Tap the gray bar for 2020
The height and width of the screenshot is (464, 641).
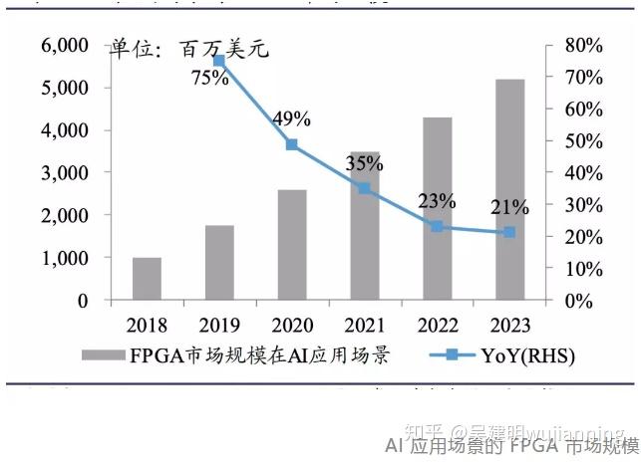point(292,244)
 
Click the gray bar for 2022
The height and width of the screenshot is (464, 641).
point(437,208)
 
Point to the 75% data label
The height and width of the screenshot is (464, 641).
point(210,78)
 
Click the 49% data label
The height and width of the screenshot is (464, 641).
point(291,119)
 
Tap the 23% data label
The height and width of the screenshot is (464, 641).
point(436,200)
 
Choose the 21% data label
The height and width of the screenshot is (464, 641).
point(508,207)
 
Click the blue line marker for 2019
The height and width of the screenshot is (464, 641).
point(219,62)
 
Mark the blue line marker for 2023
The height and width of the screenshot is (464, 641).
point(509,232)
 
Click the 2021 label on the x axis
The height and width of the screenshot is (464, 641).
point(364,326)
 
